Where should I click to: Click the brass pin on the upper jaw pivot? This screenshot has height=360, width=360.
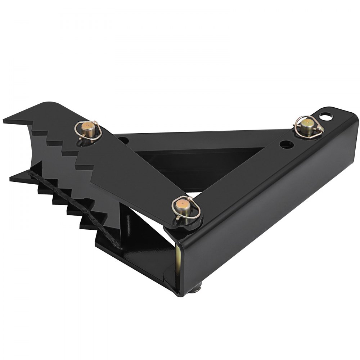[x=87, y=127]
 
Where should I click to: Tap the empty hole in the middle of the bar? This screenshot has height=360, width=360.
[x=286, y=145]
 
